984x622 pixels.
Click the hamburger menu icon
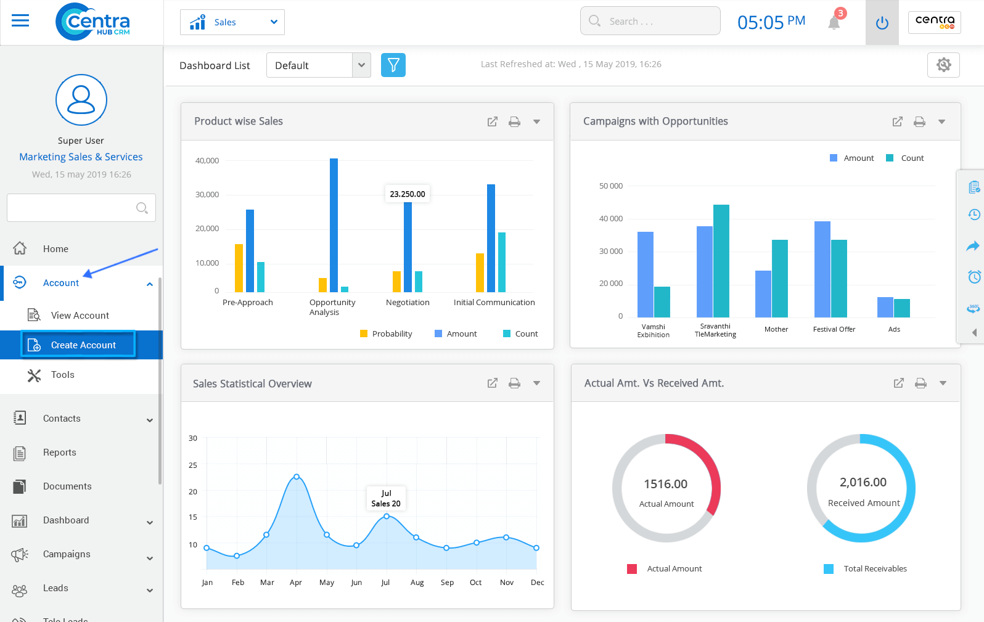(20, 21)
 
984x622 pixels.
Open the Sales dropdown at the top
(232, 22)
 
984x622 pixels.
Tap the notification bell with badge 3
(834, 22)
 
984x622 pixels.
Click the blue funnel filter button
(393, 65)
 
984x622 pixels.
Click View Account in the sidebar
(80, 316)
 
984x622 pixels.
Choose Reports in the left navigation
(60, 452)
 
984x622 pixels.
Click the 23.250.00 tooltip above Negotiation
(408, 194)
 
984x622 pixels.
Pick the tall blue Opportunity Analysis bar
(334, 225)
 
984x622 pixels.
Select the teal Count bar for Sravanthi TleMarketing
(721, 260)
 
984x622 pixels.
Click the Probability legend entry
(386, 334)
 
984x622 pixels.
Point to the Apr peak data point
(297, 477)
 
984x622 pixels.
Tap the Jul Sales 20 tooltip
(386, 498)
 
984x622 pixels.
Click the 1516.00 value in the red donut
(665, 484)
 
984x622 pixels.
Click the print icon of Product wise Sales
(514, 122)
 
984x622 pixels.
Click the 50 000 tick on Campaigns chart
(610, 186)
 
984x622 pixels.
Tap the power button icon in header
(882, 23)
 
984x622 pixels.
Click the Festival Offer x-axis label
(834, 329)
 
